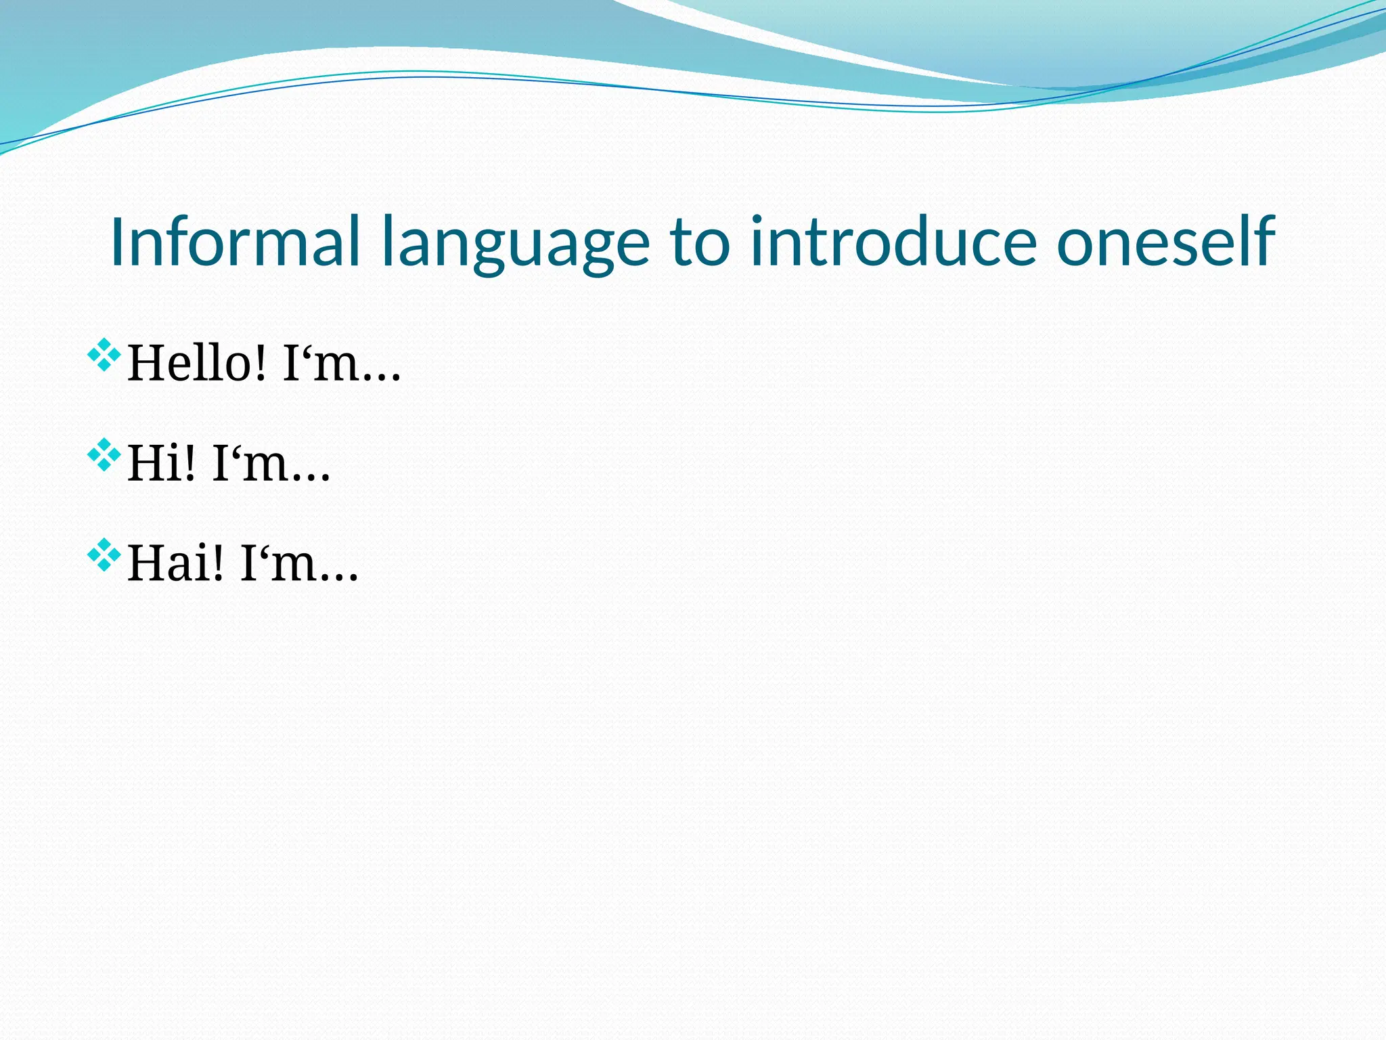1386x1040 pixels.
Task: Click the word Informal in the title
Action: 234,242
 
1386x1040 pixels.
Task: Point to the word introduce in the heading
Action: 893,242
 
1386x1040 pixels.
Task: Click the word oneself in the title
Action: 1165,242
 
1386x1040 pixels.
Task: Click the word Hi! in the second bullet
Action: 162,464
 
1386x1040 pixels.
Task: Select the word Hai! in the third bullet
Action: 175,564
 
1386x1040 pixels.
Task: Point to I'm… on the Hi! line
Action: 271,464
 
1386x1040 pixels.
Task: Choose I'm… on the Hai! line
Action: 298,564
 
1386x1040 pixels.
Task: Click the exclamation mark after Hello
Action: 260,364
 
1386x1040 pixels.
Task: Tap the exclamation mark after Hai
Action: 217,564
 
